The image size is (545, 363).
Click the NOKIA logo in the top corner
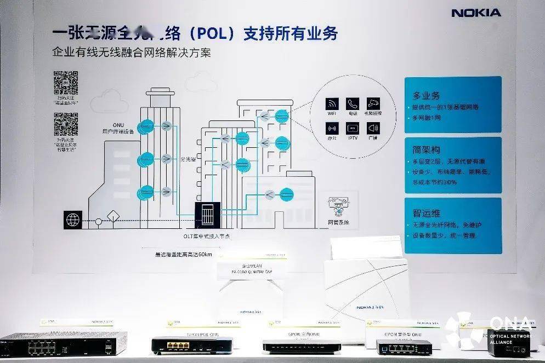coord(475,13)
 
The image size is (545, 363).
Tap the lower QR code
coord(66,124)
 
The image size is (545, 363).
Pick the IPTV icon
coord(352,129)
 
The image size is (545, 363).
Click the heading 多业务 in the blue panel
coord(427,95)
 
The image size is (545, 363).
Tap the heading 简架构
coord(427,149)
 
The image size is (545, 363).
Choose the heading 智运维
coord(427,213)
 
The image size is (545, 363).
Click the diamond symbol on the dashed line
coord(113,216)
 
